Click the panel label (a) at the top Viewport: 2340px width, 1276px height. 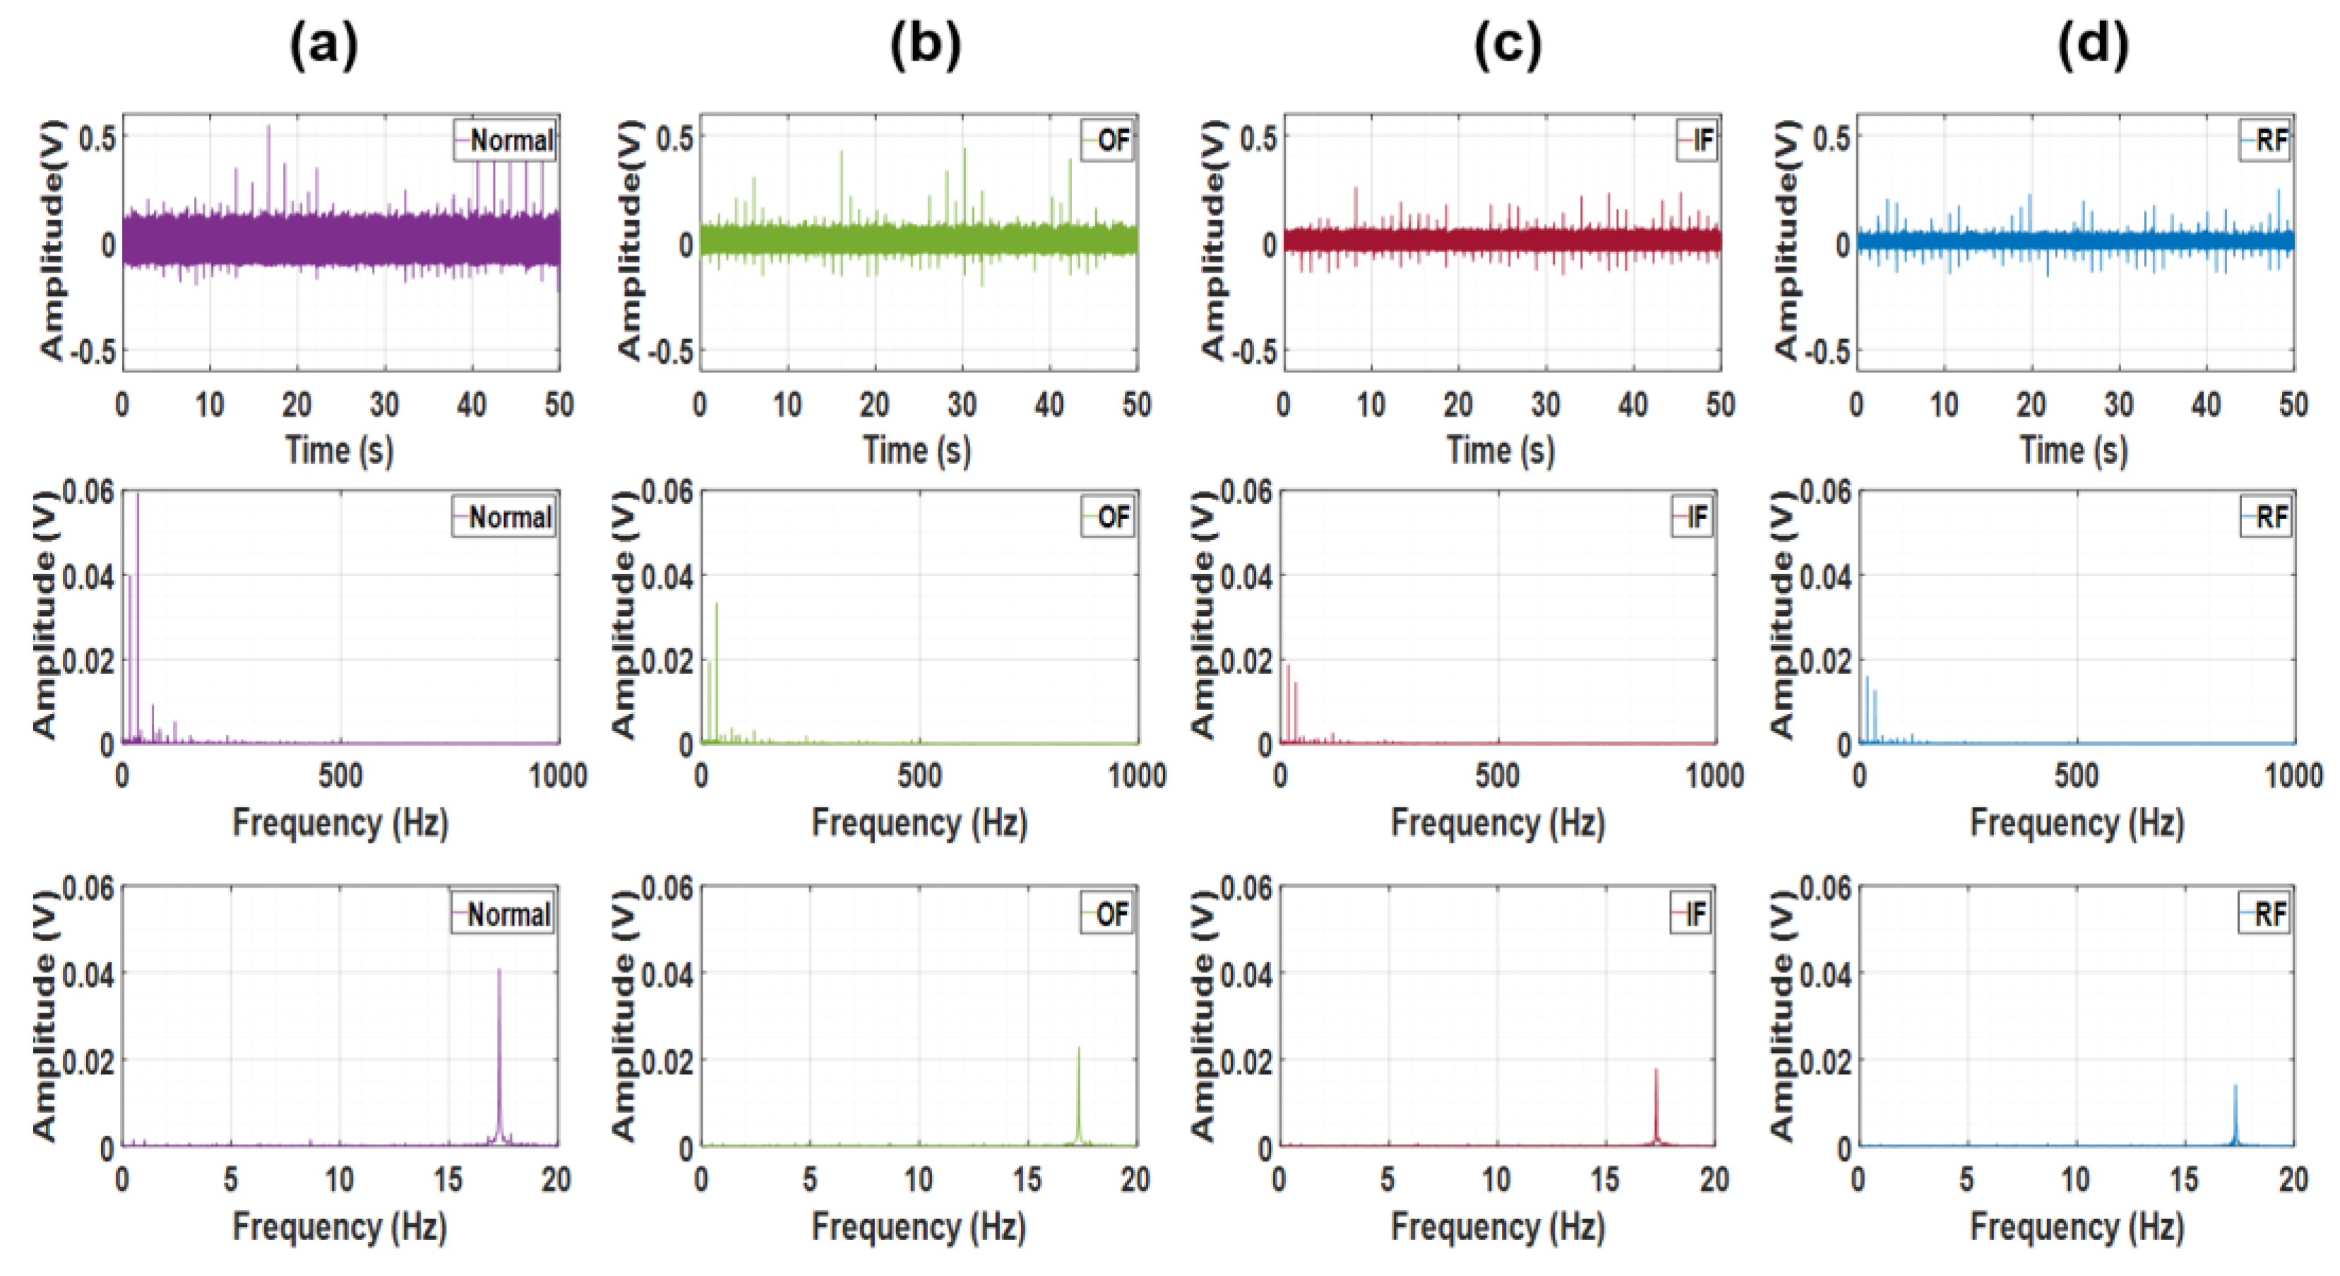(323, 45)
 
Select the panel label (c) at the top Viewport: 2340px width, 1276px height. (1507, 45)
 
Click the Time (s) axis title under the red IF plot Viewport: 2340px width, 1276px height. (1500, 451)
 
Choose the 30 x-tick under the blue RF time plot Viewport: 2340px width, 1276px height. (2118, 404)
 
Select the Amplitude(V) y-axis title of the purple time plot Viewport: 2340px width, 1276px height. (52, 241)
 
